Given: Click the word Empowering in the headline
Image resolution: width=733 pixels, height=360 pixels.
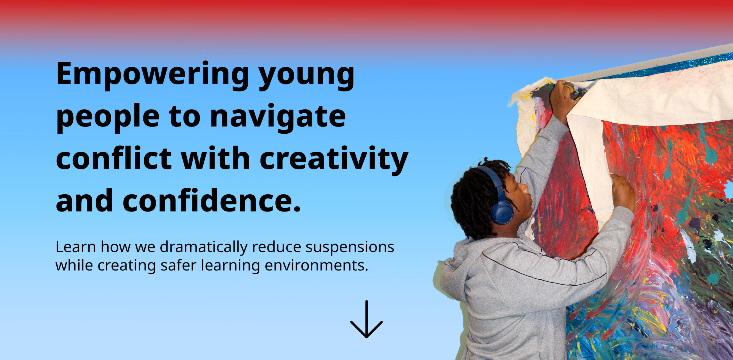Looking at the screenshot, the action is tap(152, 75).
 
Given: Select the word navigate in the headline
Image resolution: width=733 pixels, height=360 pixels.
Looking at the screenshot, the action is tap(278, 117).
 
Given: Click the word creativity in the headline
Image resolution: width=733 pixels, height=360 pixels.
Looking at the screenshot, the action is tap(334, 160).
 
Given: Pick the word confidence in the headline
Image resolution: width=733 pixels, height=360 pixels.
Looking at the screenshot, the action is tap(212, 200).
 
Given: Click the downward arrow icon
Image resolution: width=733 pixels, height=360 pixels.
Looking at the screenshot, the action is tap(366, 319).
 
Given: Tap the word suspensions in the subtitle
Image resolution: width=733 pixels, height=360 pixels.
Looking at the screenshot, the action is tap(350, 247).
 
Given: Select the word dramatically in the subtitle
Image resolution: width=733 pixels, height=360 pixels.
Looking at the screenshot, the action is tap(204, 247).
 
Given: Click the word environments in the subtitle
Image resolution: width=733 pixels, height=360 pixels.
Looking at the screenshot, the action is tap(316, 265).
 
